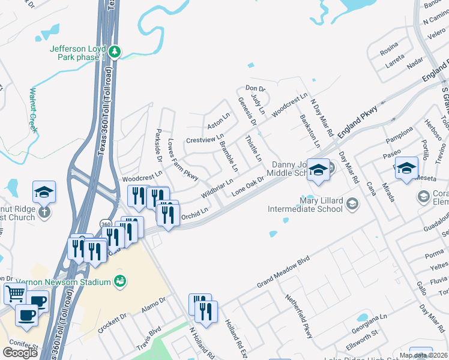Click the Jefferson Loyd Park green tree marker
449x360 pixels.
coord(115,52)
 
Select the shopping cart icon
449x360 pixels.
coord(16,294)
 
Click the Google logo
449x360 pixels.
coord(20,353)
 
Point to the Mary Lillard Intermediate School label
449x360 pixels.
coord(305,205)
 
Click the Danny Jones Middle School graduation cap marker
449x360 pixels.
coord(319,171)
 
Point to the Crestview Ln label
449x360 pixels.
coord(205,139)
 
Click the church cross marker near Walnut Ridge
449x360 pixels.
coord(44,212)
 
